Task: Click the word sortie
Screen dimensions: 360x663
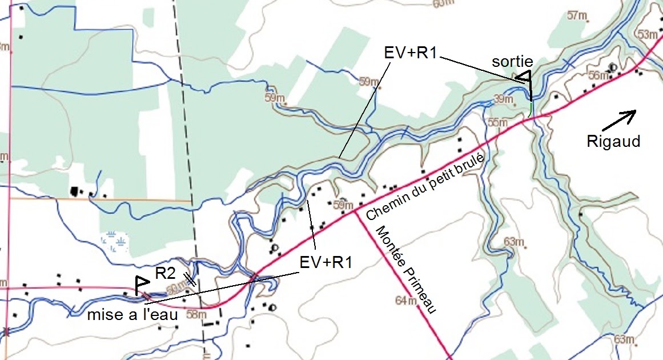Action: (x=514, y=62)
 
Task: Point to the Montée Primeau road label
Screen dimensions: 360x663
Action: (x=406, y=269)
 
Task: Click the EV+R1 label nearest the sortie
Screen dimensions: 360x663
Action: (x=410, y=53)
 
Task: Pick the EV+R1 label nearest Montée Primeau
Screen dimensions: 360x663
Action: (x=326, y=263)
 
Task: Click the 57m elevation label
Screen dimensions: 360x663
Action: (x=578, y=15)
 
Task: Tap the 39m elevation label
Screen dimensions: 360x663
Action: (x=504, y=99)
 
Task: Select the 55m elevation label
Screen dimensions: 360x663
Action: (x=498, y=122)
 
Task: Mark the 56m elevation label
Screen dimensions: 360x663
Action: (x=598, y=75)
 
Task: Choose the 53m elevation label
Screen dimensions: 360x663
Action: (x=648, y=35)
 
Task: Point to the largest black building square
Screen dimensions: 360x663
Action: (x=74, y=191)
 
